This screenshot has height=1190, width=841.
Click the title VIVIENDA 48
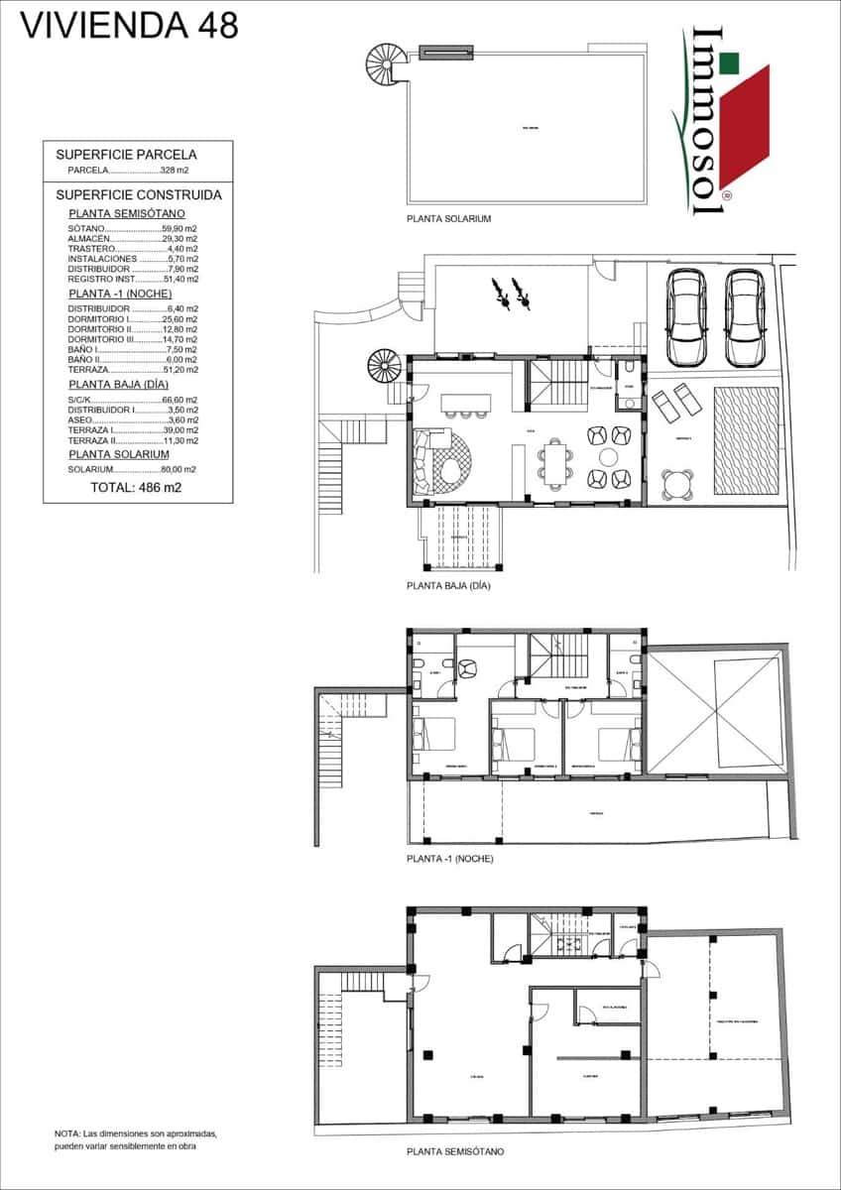tap(130, 25)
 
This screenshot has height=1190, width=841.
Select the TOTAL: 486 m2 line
tap(136, 488)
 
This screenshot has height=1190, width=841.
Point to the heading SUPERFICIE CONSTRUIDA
tap(139, 195)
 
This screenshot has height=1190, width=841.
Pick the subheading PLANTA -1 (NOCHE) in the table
tap(120, 295)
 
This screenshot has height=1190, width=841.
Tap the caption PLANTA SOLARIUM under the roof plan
tap(449, 218)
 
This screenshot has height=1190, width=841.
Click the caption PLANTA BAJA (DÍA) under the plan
tap(449, 586)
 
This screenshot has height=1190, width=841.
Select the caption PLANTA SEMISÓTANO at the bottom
tap(455, 1151)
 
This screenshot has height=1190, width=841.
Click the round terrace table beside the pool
tap(678, 483)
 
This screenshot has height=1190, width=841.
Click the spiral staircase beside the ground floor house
tap(384, 367)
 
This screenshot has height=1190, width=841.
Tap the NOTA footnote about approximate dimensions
tap(135, 1138)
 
